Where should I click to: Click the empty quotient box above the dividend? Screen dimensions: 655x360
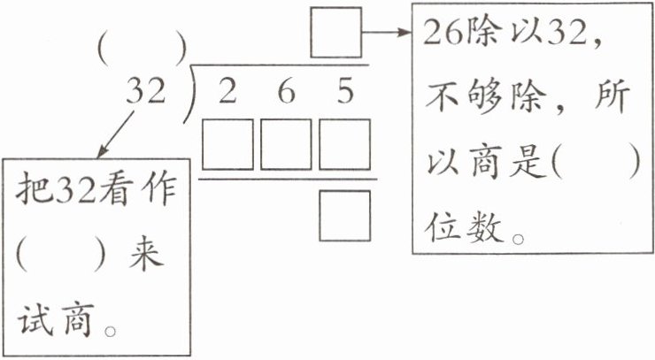click(x=336, y=32)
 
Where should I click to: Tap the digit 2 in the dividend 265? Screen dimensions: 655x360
click(x=227, y=91)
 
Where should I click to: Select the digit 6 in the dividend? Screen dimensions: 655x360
click(x=285, y=91)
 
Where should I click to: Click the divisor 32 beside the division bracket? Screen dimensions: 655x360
click(x=146, y=91)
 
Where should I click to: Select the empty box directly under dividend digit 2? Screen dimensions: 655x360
click(x=228, y=146)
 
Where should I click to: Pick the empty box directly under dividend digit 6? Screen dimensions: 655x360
click(x=286, y=146)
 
